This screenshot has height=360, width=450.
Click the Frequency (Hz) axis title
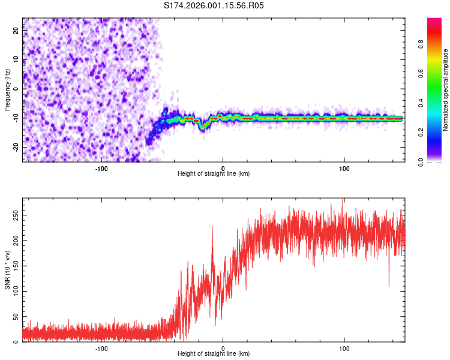click(x=7, y=90)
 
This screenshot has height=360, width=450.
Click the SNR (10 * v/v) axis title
click(x=7, y=270)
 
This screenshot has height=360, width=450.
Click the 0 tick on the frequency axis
click(x=16, y=89)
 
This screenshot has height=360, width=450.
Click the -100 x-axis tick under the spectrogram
click(x=101, y=168)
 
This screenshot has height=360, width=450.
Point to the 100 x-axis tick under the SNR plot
click(x=345, y=348)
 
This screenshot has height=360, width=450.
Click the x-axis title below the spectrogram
click(x=214, y=174)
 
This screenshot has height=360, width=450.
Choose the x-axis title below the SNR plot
click(x=214, y=354)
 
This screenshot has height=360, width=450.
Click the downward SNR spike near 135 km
click(x=389, y=284)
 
